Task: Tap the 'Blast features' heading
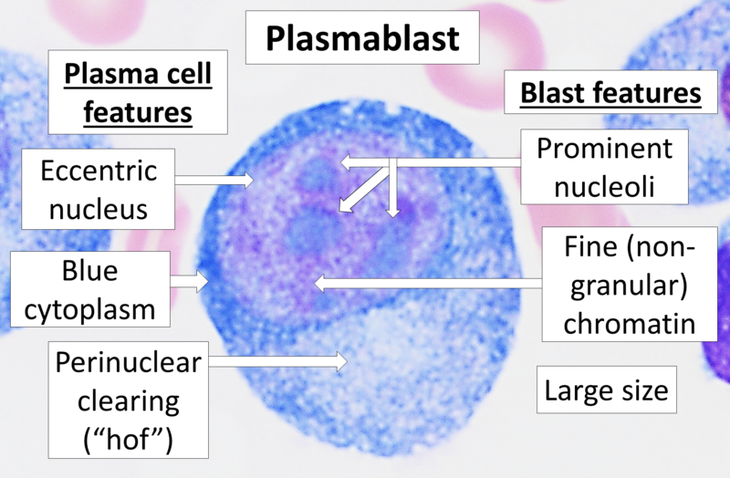click(610, 93)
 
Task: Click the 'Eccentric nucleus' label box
click(98, 189)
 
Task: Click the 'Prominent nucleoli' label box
click(603, 168)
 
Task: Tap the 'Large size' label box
click(607, 392)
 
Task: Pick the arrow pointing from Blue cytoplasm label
click(191, 282)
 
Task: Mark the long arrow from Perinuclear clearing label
click(278, 362)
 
